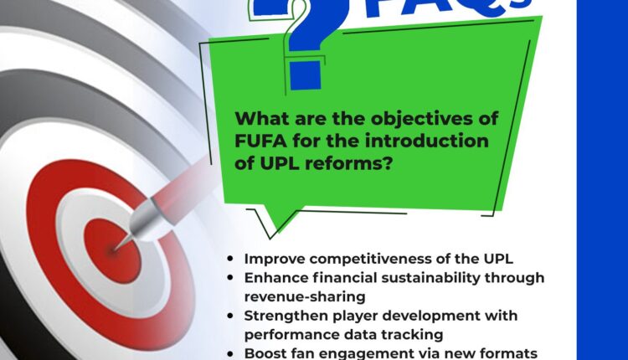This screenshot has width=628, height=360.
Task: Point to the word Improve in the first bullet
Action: click(275, 259)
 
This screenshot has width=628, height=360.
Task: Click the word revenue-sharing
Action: click(305, 297)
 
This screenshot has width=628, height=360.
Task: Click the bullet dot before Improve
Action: click(230, 259)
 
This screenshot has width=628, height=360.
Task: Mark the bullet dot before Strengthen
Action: click(230, 316)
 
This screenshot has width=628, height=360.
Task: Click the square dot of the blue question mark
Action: click(305, 75)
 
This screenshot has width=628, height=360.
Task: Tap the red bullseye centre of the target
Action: click(112, 251)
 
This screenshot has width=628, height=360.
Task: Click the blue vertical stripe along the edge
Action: click(602, 180)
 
